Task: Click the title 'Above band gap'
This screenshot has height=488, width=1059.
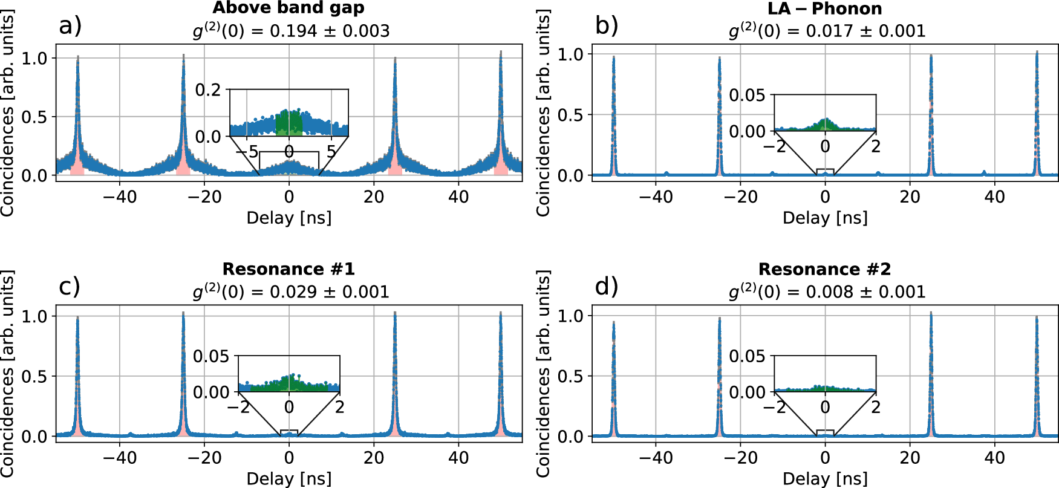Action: point(288,8)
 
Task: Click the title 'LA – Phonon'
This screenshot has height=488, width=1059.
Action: point(825,8)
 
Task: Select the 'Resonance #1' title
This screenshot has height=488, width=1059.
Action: point(288,269)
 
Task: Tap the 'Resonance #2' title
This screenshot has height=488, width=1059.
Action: point(825,269)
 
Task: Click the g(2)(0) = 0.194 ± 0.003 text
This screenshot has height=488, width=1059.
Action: point(291,31)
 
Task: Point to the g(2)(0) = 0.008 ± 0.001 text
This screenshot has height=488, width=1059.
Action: point(827,291)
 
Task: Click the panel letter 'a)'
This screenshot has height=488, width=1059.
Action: point(70,26)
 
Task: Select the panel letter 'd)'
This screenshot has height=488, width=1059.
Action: point(607,286)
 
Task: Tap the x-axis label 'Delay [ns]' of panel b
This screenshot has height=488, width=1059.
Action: point(825,218)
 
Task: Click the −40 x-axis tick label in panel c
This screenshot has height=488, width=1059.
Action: point(120,458)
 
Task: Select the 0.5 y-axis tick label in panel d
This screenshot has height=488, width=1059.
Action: point(571,376)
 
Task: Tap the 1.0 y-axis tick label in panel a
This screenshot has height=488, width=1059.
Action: point(34,58)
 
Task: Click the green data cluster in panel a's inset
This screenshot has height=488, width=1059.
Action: point(288,123)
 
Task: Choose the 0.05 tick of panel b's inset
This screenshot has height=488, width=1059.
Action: point(747,96)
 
